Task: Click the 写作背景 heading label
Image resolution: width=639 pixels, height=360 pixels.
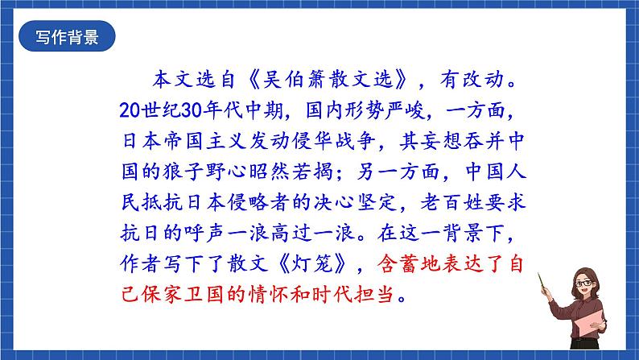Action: (x=68, y=39)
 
